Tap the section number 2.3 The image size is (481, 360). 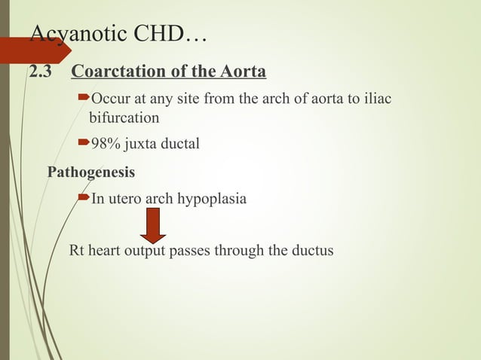coord(39,73)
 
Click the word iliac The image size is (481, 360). coord(376,101)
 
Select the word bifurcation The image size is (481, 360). coord(124,118)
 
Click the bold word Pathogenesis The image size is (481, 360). coord(91,172)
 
